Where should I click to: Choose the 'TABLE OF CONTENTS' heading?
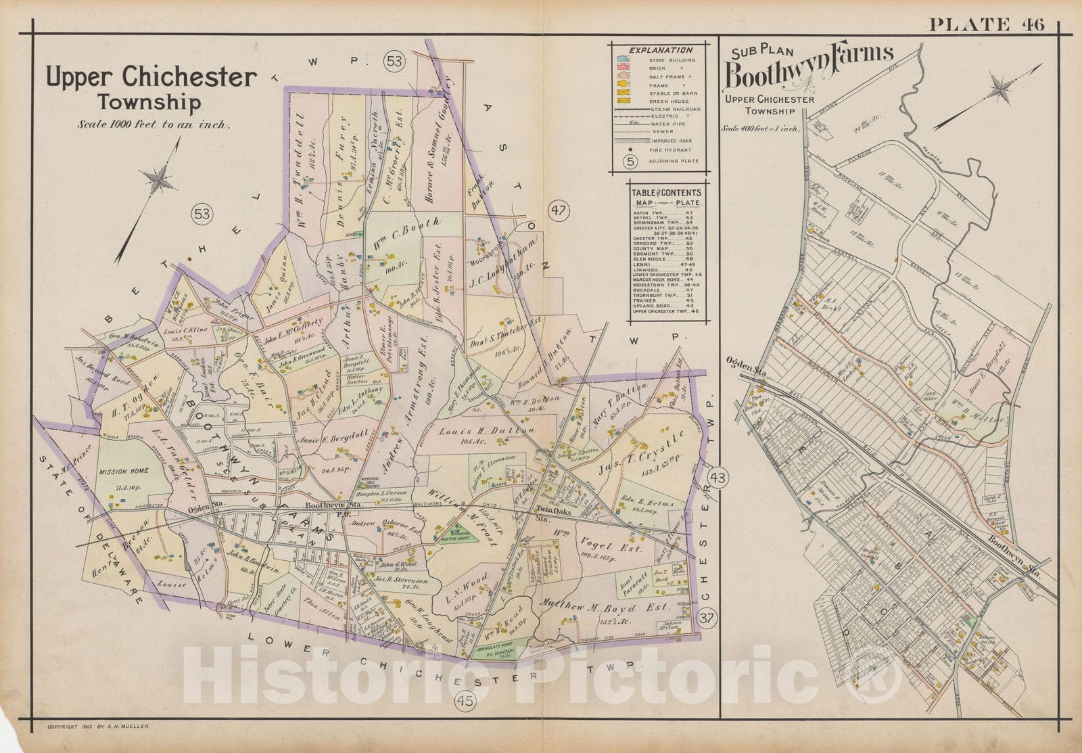pos(666,192)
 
